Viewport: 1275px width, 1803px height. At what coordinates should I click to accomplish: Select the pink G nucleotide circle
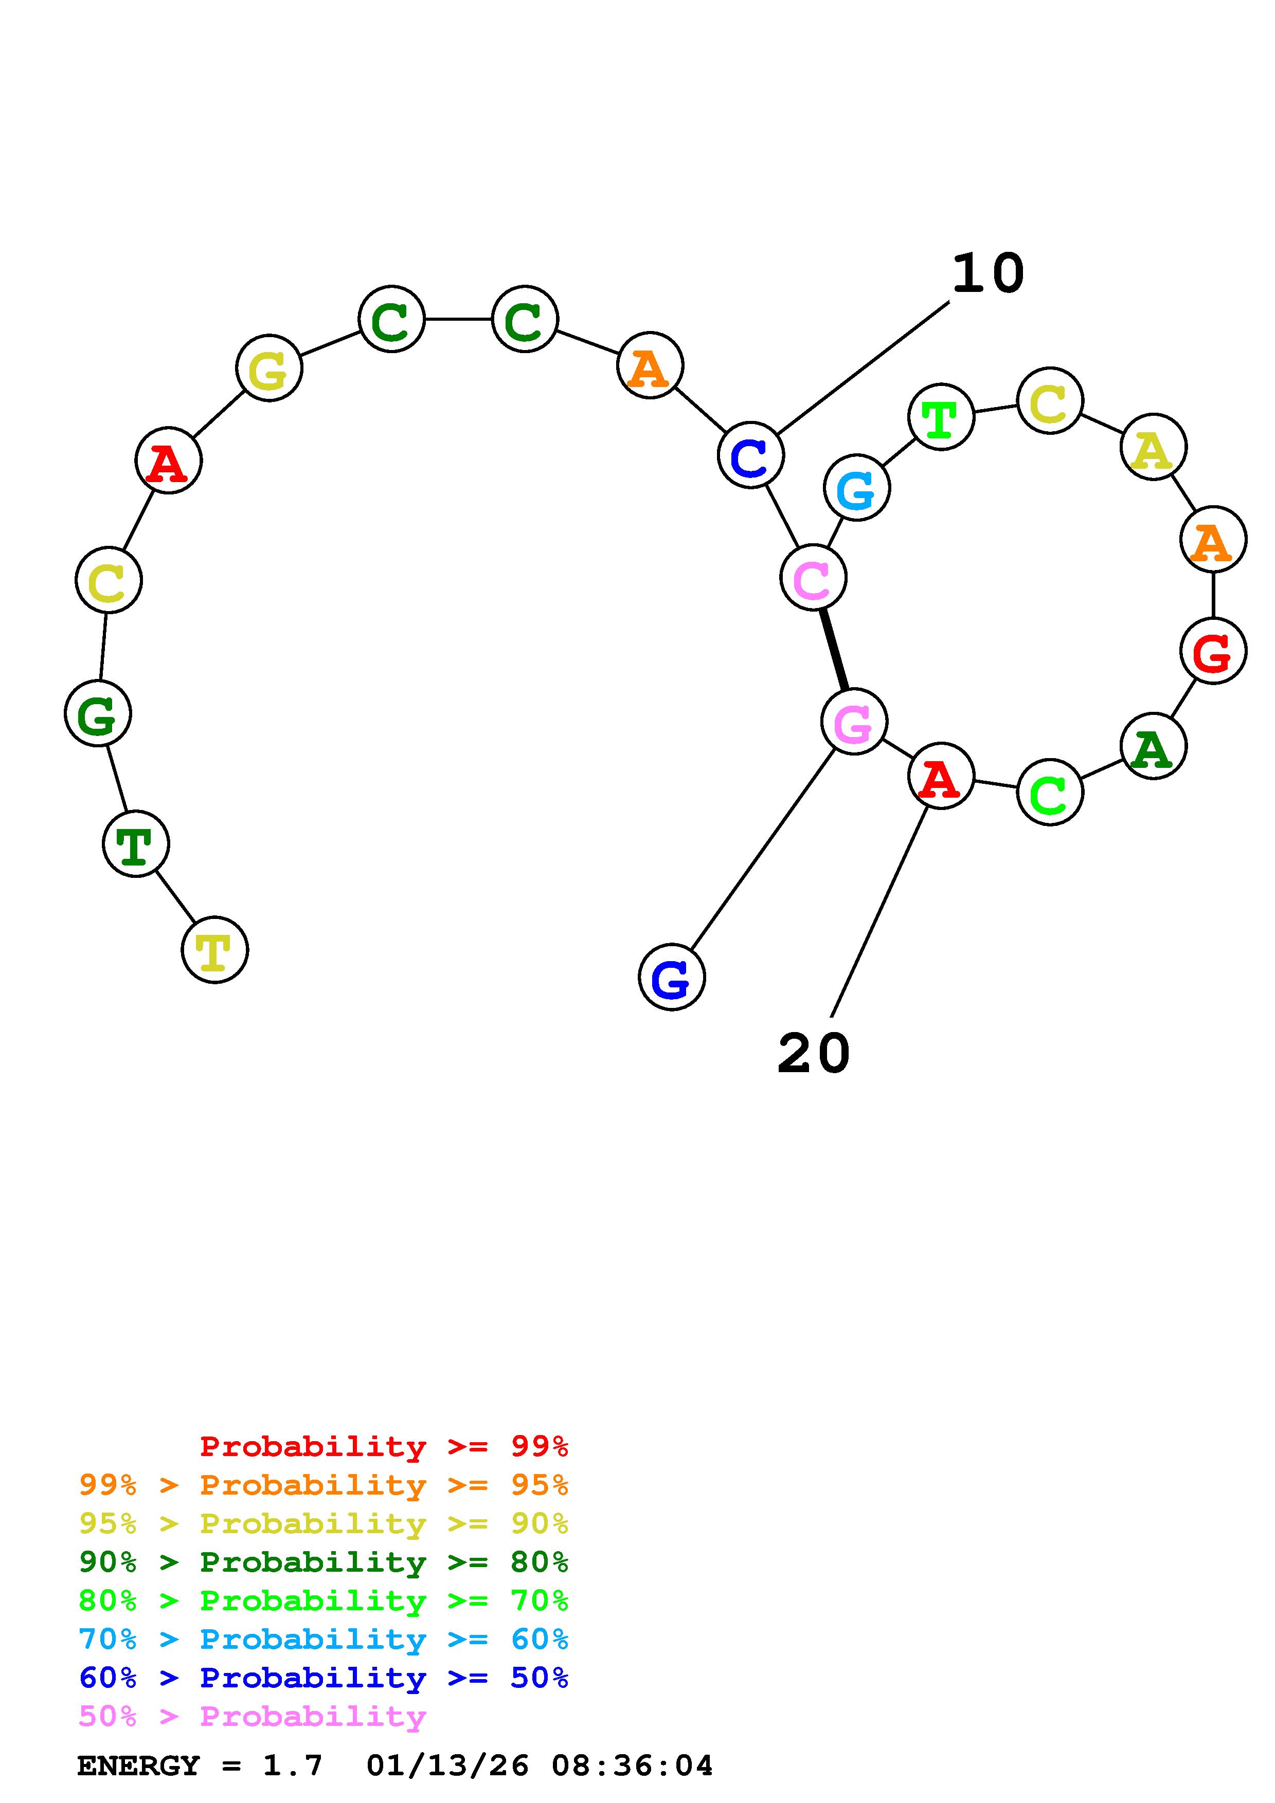tap(854, 721)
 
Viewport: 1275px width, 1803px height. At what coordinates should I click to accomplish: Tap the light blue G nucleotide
tap(857, 488)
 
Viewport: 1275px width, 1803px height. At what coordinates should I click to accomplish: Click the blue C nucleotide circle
tap(751, 455)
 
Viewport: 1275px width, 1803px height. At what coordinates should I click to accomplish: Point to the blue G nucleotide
tap(672, 977)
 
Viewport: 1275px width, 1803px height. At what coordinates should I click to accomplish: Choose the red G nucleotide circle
tap(1213, 651)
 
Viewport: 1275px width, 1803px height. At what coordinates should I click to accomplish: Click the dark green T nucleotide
tap(136, 843)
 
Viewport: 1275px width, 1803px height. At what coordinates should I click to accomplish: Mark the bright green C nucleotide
tap(1050, 793)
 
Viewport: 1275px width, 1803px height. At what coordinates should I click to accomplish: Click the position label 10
tap(987, 274)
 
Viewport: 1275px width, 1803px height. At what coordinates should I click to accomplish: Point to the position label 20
tap(813, 1053)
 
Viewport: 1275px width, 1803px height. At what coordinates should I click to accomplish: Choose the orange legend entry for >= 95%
tap(324, 1485)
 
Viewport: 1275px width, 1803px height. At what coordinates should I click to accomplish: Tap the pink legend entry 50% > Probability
tap(252, 1716)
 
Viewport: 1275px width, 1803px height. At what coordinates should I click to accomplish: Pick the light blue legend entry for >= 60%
tap(324, 1639)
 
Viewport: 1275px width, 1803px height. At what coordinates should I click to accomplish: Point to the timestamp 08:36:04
tap(632, 1765)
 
